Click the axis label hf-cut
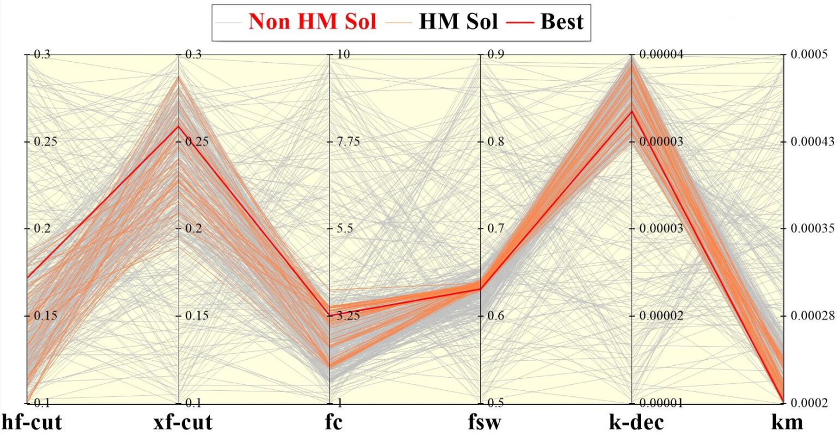point(32,421)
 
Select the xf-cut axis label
point(183,421)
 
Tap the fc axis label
point(334,421)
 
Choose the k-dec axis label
point(636,421)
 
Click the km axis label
point(787,421)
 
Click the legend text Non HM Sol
point(312,22)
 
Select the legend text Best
point(561,22)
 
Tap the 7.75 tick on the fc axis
point(346,141)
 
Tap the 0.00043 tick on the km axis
point(812,141)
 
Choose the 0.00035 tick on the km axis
point(812,228)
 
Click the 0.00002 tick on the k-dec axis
point(661,316)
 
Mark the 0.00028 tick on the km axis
point(812,316)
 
